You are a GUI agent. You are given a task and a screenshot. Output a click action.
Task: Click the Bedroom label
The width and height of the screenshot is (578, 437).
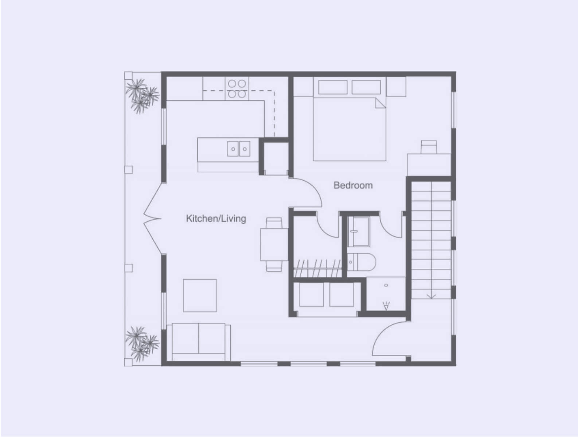pyautogui.click(x=353, y=185)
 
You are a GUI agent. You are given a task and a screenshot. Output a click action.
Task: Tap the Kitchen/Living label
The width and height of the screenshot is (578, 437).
pyautogui.click(x=216, y=219)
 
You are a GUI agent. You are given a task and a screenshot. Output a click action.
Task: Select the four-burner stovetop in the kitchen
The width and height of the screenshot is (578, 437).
pyautogui.click(x=237, y=88)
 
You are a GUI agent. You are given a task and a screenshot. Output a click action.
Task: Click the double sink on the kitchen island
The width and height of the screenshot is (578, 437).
pyautogui.click(x=239, y=149)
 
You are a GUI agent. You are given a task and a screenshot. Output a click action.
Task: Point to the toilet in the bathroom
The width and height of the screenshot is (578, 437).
pyautogui.click(x=362, y=262)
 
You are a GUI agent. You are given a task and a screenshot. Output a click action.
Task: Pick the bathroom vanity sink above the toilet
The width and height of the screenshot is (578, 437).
pyautogui.click(x=359, y=232)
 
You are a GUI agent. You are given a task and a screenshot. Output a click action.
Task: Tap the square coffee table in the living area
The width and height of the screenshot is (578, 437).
pyautogui.click(x=200, y=295)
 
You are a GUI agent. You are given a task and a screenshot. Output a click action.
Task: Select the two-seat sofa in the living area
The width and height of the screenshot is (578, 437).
pyautogui.click(x=199, y=342)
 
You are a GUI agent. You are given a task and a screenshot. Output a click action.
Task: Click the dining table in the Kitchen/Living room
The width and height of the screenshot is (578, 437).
pyautogui.click(x=274, y=245)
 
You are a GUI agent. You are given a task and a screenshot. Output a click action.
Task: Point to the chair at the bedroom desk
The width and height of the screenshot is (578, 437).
pyautogui.click(x=429, y=147)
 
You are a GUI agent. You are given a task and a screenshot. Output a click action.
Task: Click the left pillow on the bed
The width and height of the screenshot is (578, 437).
pyautogui.click(x=333, y=87)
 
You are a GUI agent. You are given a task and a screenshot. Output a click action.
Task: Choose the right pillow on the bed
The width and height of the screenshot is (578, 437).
pyautogui.click(x=366, y=87)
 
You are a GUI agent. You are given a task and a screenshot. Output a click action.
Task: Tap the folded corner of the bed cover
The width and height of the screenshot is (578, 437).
pyautogui.click(x=380, y=103)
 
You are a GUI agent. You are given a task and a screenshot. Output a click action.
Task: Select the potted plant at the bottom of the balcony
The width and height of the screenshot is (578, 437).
pyautogui.click(x=142, y=344)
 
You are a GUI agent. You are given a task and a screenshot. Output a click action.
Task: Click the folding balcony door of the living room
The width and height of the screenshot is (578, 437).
pyautogui.click(x=152, y=219)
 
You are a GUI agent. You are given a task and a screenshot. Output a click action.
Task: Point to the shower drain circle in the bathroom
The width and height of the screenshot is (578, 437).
pyautogui.click(x=386, y=286)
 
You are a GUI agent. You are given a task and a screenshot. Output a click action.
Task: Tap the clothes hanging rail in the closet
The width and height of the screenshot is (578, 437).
pyautogui.click(x=317, y=269)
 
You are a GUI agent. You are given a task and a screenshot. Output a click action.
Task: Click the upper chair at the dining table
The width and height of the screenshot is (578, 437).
pyautogui.click(x=274, y=223)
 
